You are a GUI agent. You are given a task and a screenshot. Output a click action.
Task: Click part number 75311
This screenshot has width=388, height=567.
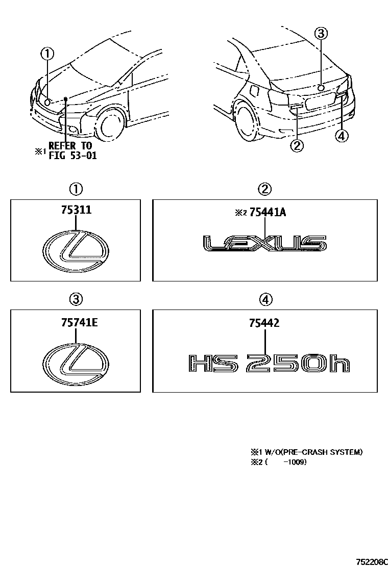pos(76,210)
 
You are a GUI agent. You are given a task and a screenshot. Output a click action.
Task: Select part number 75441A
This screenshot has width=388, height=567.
pos(268,213)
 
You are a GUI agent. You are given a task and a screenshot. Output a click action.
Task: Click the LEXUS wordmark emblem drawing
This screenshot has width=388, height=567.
pos(264,244)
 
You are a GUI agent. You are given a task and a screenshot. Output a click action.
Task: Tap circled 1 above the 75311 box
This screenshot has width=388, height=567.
pos(76,189)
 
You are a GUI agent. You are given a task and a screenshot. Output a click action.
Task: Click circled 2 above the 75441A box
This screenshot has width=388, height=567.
pos(264,189)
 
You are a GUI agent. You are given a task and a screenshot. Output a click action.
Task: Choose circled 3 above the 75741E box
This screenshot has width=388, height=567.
pos(76,300)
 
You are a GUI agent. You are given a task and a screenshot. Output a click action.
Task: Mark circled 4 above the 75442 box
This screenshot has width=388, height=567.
pos(265,300)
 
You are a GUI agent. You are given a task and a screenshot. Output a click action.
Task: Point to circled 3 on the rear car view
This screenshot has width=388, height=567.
pos(321,34)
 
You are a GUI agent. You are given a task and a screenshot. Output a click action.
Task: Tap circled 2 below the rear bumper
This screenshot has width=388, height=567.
pos(297,146)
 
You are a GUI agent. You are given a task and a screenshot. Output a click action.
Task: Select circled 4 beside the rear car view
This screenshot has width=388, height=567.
pos(343,136)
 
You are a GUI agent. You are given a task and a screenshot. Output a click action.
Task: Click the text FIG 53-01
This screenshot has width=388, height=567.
pos(72,156)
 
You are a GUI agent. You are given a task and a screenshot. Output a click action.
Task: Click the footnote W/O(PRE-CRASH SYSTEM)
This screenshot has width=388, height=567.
pos(311,452)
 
